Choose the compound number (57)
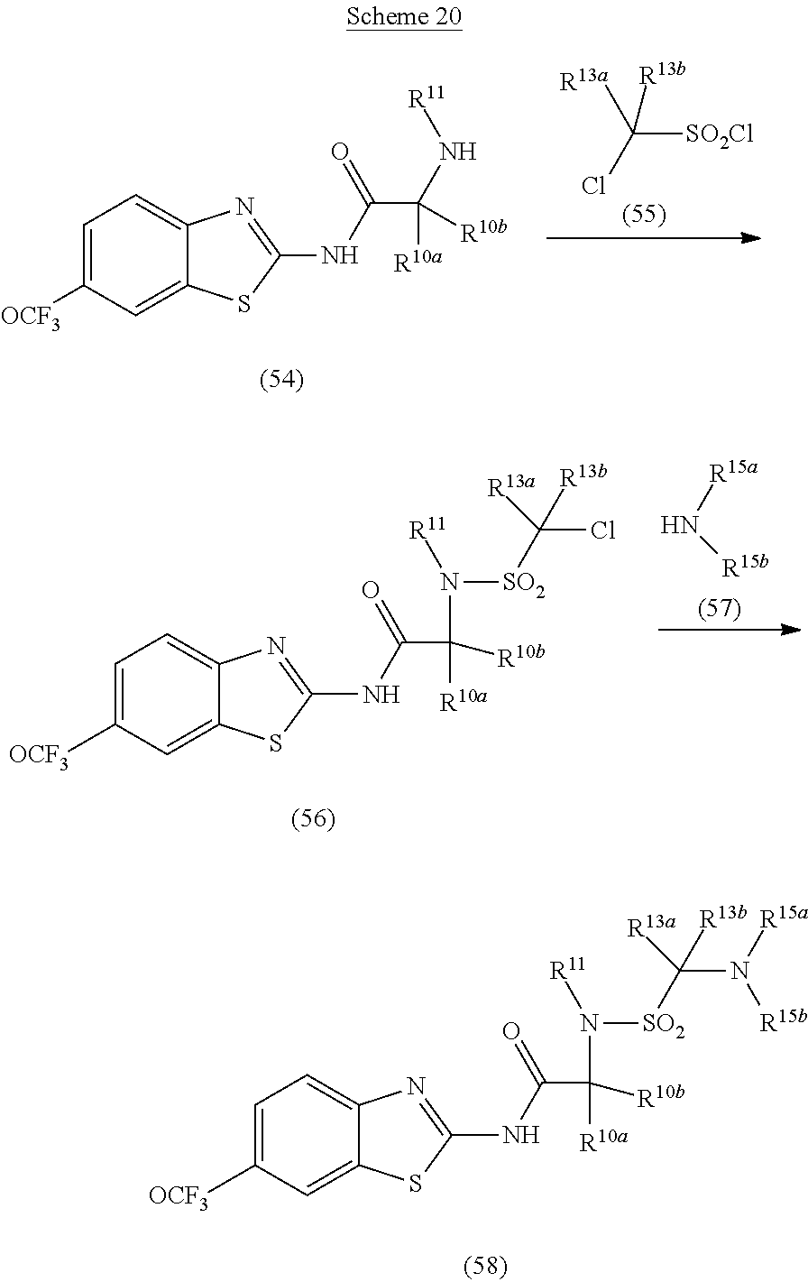pos(719,610)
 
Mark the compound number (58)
pos(485,1265)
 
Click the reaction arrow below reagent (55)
pos(654,237)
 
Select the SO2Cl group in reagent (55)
pos(719,135)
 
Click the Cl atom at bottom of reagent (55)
pos(593,187)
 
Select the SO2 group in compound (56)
pos(523,586)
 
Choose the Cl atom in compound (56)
pos(603,530)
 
